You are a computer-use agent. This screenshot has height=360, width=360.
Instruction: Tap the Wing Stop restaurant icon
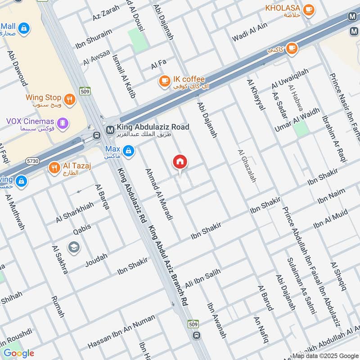69,99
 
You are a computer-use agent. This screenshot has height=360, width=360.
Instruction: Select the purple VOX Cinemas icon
63,122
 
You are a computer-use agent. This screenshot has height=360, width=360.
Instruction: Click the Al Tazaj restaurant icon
54,168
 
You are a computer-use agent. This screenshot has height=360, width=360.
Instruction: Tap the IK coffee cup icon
164,81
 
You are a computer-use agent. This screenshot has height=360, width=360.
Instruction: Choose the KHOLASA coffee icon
309,9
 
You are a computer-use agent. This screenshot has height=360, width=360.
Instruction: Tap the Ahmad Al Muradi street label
158,194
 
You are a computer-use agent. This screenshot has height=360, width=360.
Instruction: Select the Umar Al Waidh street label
297,120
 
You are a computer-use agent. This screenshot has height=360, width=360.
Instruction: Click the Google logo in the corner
18,353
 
